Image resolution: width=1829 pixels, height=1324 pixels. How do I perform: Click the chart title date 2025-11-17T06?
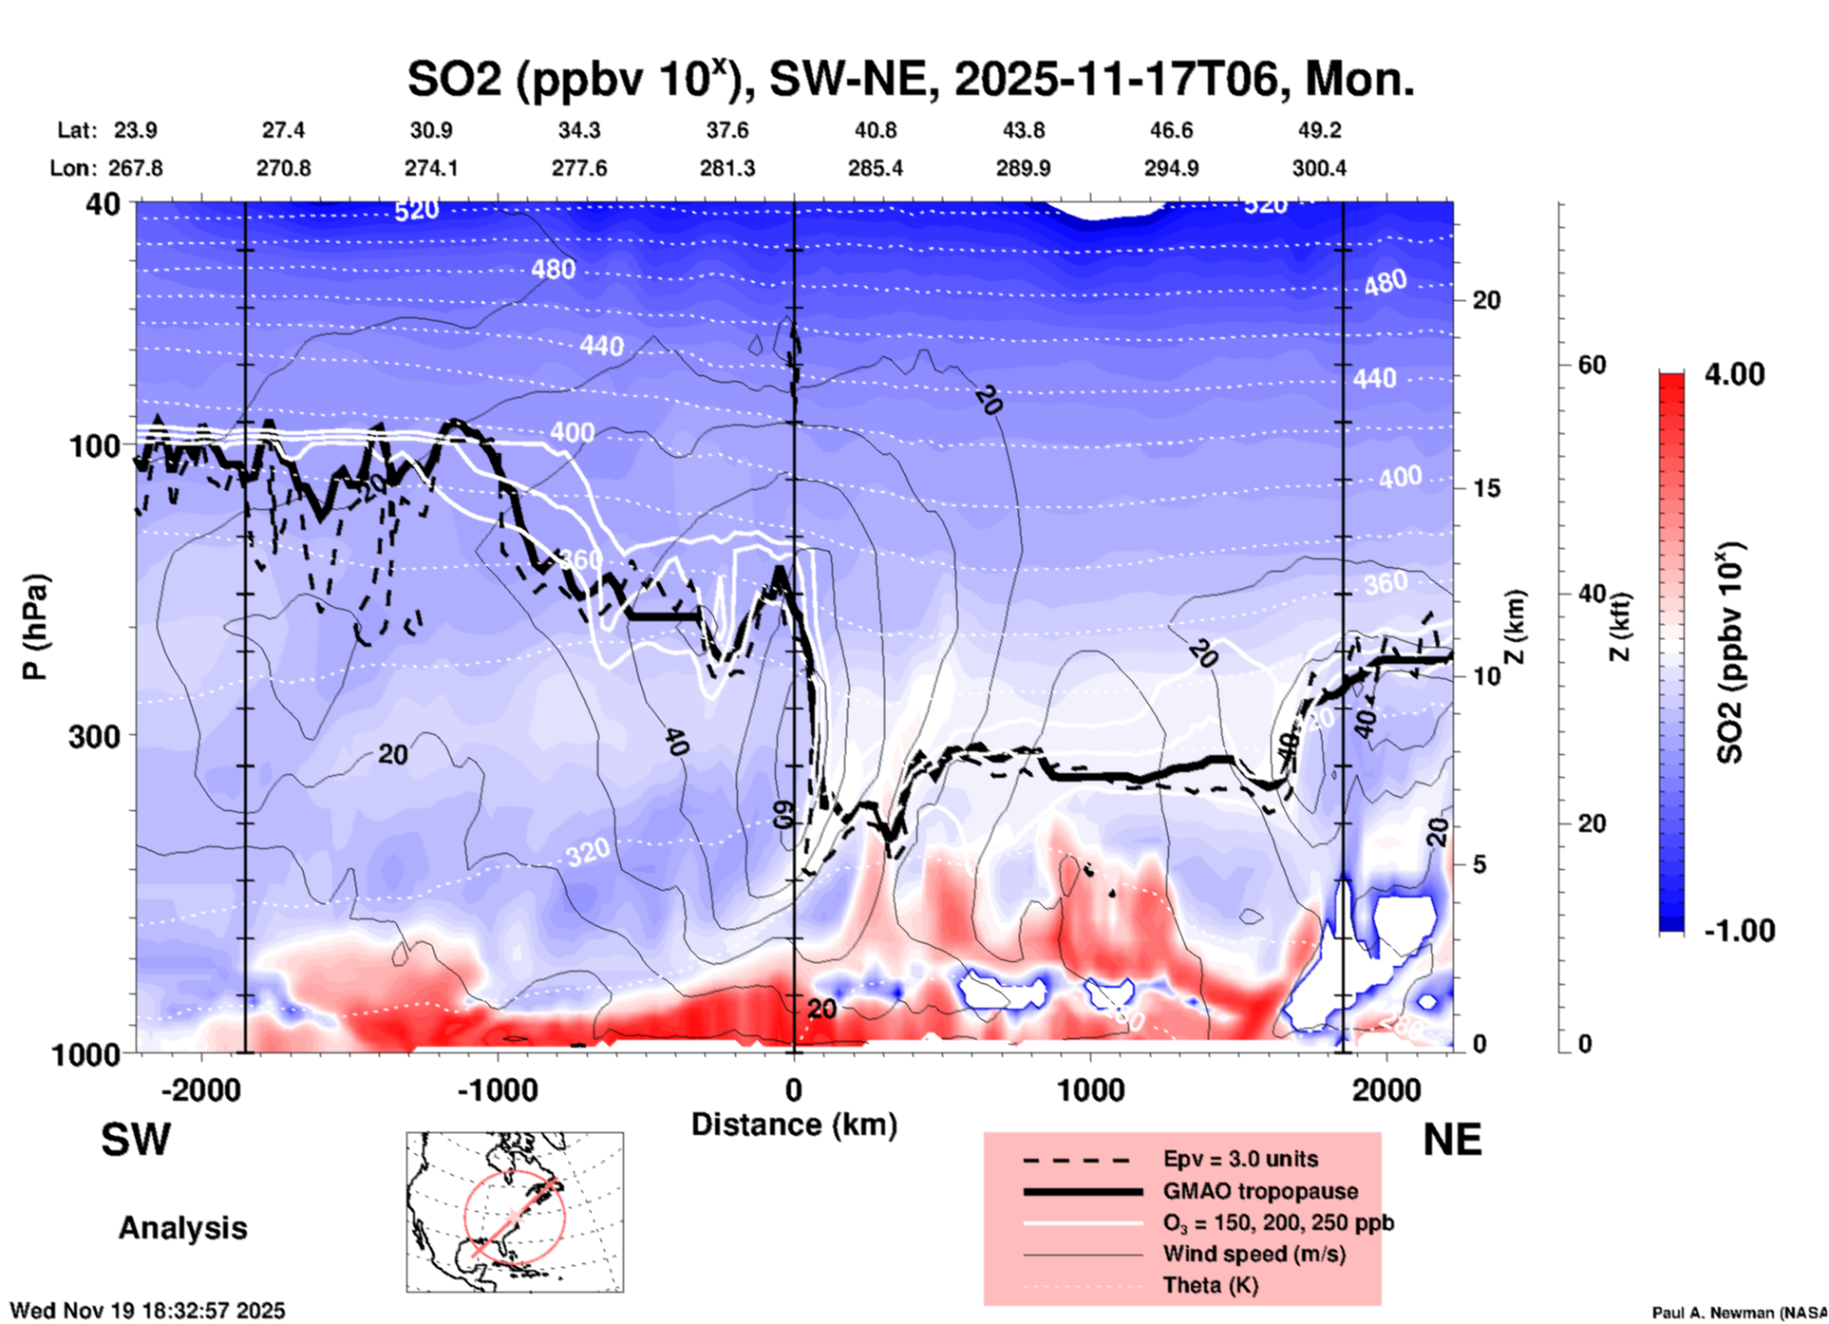coord(1122,80)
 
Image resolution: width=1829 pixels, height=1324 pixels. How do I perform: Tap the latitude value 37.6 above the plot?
coord(727,130)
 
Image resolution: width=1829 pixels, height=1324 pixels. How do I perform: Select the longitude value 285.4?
coord(875,168)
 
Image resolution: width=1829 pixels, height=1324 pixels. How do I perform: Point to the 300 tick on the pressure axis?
coord(95,736)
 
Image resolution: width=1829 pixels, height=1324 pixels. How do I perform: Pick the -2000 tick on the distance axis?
coord(201,1090)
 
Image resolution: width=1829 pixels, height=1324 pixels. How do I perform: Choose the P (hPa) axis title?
coord(35,627)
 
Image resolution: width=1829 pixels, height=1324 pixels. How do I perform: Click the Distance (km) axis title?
coord(794,1125)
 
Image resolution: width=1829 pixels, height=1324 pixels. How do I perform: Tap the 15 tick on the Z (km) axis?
coord(1486,488)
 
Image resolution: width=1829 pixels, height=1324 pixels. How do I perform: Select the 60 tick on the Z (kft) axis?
coord(1592,365)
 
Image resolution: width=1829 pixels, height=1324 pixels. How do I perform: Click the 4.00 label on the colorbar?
coord(1734,374)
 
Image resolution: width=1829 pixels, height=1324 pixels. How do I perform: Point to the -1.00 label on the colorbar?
coord(1739,931)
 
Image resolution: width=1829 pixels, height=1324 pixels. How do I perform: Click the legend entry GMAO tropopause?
coord(1260,1191)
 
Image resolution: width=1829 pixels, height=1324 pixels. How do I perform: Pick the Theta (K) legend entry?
coord(1210,1285)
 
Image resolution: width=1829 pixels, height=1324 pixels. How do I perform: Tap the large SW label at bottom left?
coord(136,1140)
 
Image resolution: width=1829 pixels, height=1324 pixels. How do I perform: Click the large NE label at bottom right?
coord(1452,1140)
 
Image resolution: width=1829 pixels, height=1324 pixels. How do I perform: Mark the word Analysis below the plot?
coord(182,1228)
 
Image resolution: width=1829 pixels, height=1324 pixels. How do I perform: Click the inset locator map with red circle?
coord(515,1212)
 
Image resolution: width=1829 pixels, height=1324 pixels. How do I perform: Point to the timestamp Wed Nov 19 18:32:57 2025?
coord(147,1311)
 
